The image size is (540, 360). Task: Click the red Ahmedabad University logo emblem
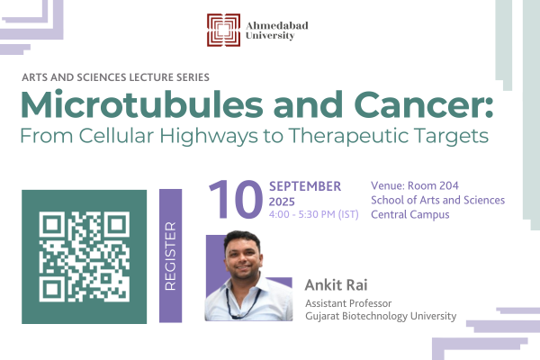(x=223, y=30)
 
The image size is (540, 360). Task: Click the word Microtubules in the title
(x=142, y=104)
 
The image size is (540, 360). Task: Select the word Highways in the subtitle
(x=209, y=136)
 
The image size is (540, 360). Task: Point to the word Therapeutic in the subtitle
(x=348, y=136)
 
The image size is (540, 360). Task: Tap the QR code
(x=85, y=256)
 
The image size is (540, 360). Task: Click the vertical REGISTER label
(x=170, y=256)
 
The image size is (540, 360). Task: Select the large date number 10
(x=236, y=200)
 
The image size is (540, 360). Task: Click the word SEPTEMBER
(x=305, y=186)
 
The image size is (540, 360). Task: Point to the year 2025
(x=282, y=202)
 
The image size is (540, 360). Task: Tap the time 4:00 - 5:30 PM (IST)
(x=314, y=214)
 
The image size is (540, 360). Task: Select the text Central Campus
(x=410, y=214)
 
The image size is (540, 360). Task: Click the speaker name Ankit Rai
(x=336, y=285)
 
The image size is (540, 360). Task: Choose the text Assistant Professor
(x=348, y=303)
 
